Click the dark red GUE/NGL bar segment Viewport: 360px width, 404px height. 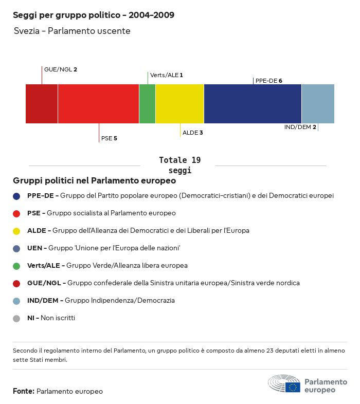tap(42, 104)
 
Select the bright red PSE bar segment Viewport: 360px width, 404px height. tap(98, 104)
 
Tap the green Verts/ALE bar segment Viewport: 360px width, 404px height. tap(147, 104)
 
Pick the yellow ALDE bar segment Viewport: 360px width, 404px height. tap(179, 104)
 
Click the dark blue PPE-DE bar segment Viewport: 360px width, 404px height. tap(253, 104)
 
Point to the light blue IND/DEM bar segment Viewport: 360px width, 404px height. tap(318, 104)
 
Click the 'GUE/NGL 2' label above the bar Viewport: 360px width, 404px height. tap(61, 69)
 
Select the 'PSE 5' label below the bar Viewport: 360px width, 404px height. tap(109, 138)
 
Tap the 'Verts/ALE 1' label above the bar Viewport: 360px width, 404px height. tap(166, 75)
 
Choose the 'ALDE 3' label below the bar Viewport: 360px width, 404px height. tap(193, 133)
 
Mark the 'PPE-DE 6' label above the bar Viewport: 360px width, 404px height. tap(268, 81)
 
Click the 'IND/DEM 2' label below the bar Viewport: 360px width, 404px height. tap(300, 127)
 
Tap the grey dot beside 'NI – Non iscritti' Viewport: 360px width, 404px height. tap(16, 318)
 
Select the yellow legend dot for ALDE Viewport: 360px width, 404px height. tap(16, 231)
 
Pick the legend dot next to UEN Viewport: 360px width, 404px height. tap(16, 248)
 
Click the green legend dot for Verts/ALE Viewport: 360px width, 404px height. tap(16, 266)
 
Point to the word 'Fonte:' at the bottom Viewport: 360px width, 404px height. tap(24, 392)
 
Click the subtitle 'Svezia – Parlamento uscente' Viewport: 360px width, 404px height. tap(72, 31)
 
